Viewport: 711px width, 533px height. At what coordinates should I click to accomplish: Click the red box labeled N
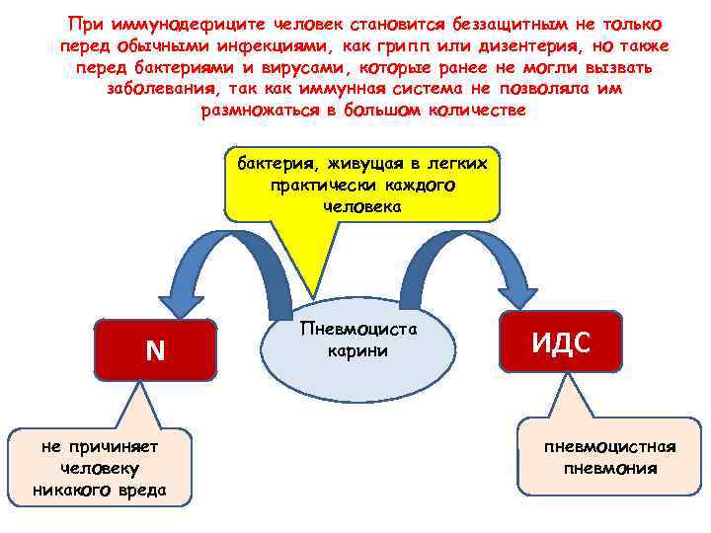155,350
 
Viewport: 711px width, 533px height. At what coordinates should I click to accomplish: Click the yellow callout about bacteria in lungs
362,185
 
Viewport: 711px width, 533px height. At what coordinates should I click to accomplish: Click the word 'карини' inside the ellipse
357,351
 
